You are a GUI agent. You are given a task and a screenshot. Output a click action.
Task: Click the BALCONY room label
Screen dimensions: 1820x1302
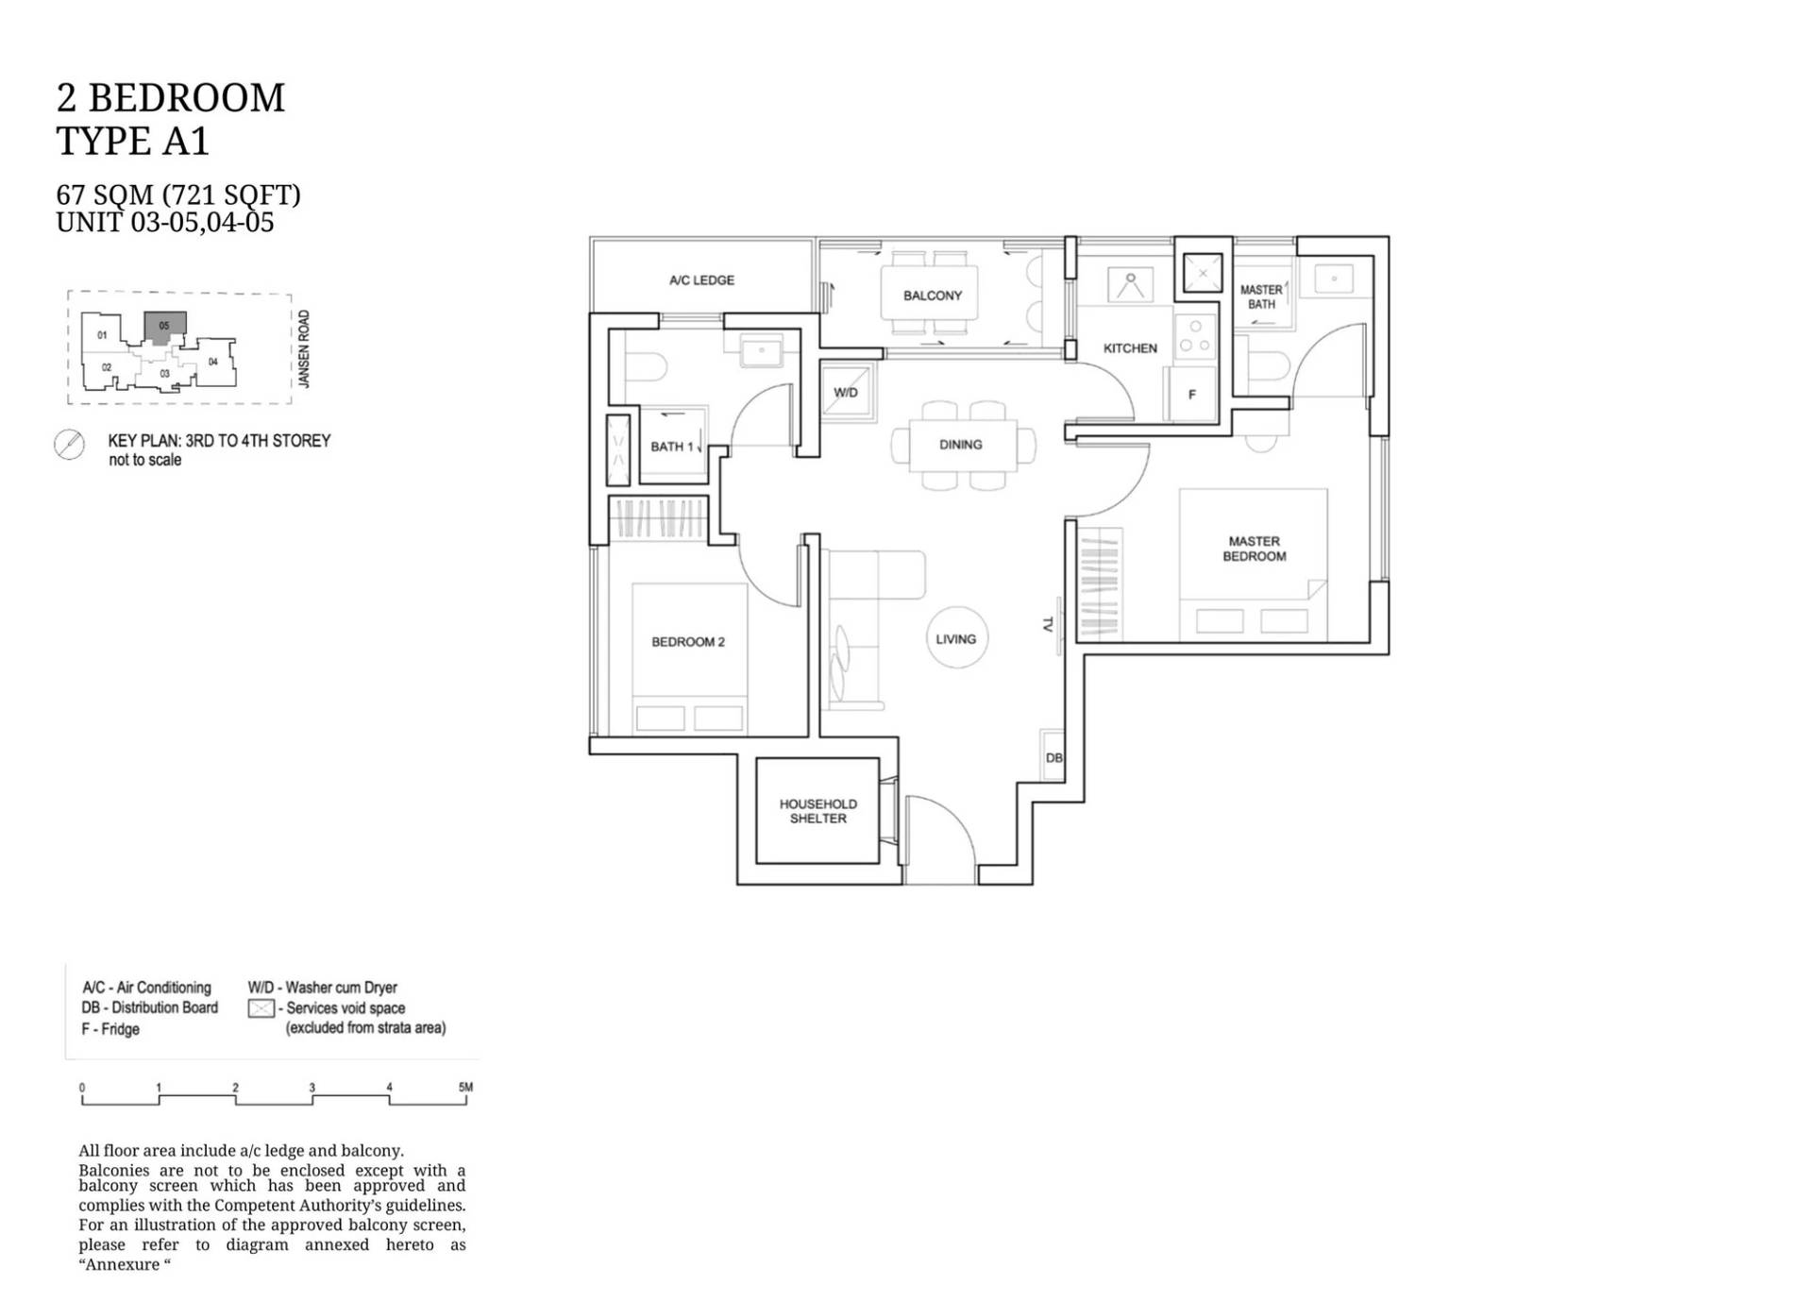pyautogui.click(x=932, y=296)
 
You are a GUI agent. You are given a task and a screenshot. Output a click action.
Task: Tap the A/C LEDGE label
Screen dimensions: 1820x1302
pyautogui.click(x=701, y=280)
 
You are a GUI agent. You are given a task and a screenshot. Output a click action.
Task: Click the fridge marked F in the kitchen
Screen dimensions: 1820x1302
pyautogui.click(x=1191, y=394)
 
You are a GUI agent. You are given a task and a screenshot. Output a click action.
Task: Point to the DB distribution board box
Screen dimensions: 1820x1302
pyautogui.click(x=1053, y=756)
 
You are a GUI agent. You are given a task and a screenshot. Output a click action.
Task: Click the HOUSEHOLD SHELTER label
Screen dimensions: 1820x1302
pyautogui.click(x=818, y=811)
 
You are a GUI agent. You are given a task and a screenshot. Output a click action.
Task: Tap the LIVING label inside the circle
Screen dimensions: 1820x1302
pyautogui.click(x=955, y=639)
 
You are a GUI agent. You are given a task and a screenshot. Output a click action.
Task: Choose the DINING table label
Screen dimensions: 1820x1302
pyautogui.click(x=961, y=445)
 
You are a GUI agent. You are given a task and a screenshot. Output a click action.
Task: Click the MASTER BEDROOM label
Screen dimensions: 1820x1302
pyautogui.click(x=1255, y=549)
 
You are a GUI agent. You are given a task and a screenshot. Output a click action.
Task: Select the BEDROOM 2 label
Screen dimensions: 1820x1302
pyautogui.click(x=688, y=642)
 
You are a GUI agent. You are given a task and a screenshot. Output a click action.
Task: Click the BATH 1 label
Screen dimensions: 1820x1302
pyautogui.click(x=671, y=447)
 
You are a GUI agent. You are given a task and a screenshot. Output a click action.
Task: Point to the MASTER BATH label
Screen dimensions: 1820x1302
pyautogui.click(x=1261, y=296)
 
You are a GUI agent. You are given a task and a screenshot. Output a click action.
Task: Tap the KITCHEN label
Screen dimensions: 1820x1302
pyautogui.click(x=1130, y=348)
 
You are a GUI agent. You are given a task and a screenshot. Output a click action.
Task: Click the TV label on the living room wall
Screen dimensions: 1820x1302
pyautogui.click(x=1048, y=624)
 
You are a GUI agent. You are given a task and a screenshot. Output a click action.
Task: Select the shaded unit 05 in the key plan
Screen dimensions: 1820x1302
pyautogui.click(x=164, y=327)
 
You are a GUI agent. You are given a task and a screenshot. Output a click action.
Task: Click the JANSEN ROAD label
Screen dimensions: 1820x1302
pyautogui.click(x=304, y=348)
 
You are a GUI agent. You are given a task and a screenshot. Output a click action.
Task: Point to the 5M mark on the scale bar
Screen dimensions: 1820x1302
pyautogui.click(x=465, y=1088)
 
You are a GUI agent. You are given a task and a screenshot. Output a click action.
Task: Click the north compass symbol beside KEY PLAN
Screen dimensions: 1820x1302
pyautogui.click(x=69, y=445)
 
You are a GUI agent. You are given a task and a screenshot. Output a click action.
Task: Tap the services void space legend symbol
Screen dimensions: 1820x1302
pyautogui.click(x=261, y=1008)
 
